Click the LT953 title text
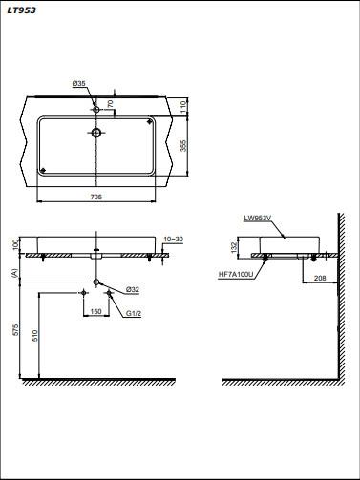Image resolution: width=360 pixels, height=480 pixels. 21,10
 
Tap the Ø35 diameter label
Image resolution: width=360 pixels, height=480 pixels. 78,83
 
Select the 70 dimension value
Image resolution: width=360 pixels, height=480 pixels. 110,103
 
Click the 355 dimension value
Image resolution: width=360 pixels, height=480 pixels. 183,145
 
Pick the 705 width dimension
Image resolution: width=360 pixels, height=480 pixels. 96,197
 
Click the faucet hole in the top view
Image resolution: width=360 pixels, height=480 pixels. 95,110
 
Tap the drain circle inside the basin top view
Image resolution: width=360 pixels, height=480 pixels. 96,133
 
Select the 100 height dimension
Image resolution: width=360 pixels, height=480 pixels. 15,245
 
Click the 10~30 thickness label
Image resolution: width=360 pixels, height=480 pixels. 174,240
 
